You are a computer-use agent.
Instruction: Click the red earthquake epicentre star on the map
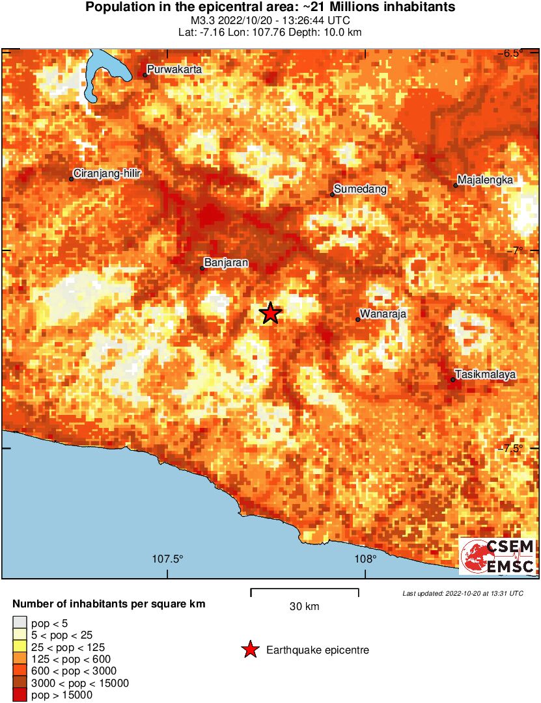pyautogui.click(x=271, y=313)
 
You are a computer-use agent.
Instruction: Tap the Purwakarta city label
pyautogui.click(x=174, y=69)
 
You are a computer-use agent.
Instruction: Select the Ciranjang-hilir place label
pyautogui.click(x=107, y=174)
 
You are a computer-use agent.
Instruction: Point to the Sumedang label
pyautogui.click(x=361, y=189)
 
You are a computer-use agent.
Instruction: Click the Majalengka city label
pyautogui.click(x=486, y=180)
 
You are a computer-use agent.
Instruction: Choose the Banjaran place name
pyautogui.click(x=226, y=263)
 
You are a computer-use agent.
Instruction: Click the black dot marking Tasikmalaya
pyautogui.click(x=453, y=380)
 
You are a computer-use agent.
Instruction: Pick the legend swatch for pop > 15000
pyautogui.click(x=20, y=695)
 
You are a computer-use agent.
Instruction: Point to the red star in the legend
pyautogui.click(x=249, y=650)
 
